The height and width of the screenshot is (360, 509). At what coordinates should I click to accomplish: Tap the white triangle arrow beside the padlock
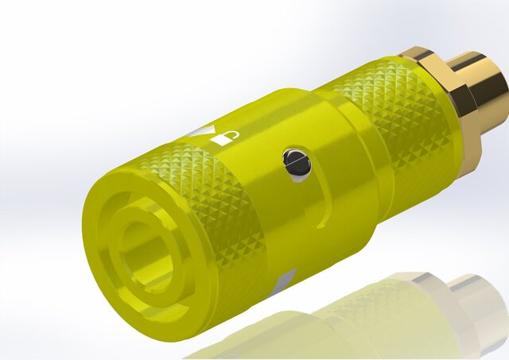206,131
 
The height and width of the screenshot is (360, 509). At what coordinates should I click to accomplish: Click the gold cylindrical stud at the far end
481,87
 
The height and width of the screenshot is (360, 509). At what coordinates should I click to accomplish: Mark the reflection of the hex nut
425,294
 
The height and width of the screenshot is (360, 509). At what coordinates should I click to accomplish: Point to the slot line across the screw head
295,162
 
